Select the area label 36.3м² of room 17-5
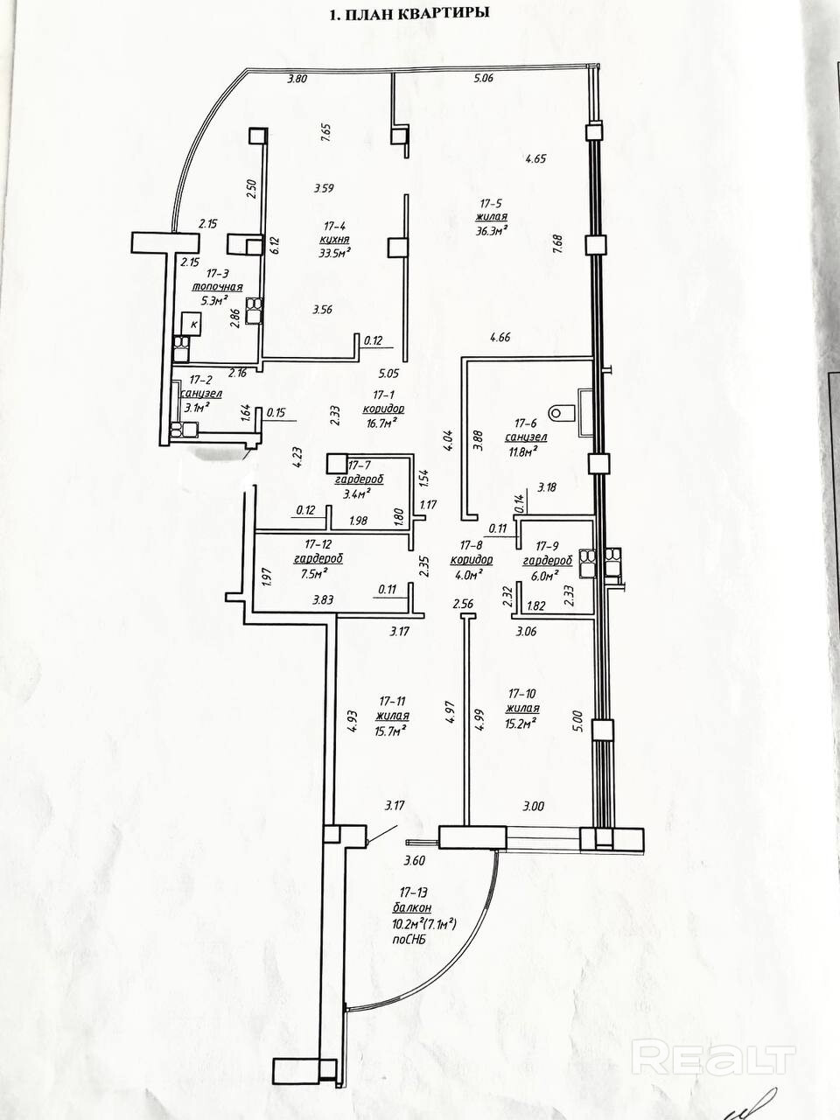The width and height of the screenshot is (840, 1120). pos(492,230)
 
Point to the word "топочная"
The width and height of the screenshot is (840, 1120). pos(218,287)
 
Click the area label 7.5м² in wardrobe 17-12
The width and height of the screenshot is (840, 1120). pos(314,574)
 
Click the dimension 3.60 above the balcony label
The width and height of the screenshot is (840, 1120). pos(414,861)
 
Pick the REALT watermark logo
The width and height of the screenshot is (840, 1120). pos(713,1059)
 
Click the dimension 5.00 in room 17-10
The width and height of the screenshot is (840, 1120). pos(577,719)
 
